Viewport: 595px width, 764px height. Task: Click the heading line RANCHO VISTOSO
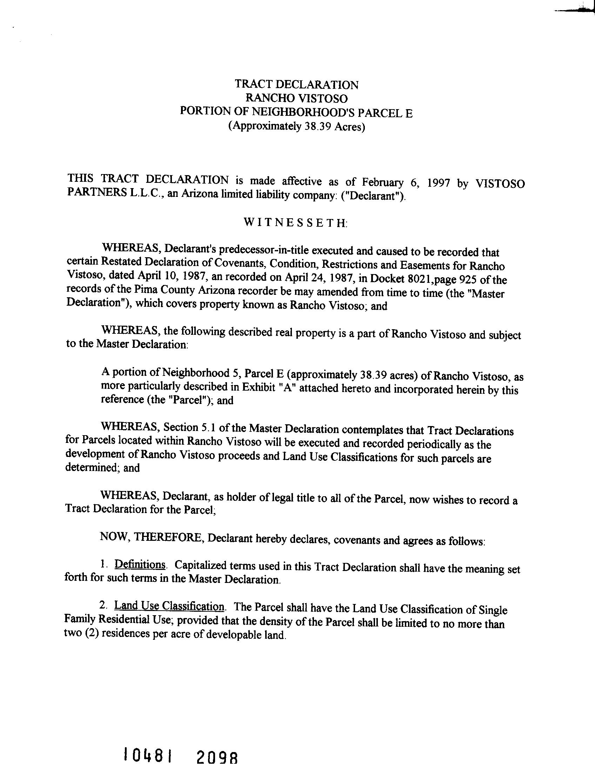click(296, 98)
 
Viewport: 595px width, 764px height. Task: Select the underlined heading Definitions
click(140, 565)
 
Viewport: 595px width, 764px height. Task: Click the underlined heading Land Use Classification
click(169, 606)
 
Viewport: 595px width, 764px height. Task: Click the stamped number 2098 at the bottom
click(217, 755)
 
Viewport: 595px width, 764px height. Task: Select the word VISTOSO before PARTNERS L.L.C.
click(500, 184)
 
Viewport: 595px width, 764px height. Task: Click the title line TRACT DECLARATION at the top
click(296, 85)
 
